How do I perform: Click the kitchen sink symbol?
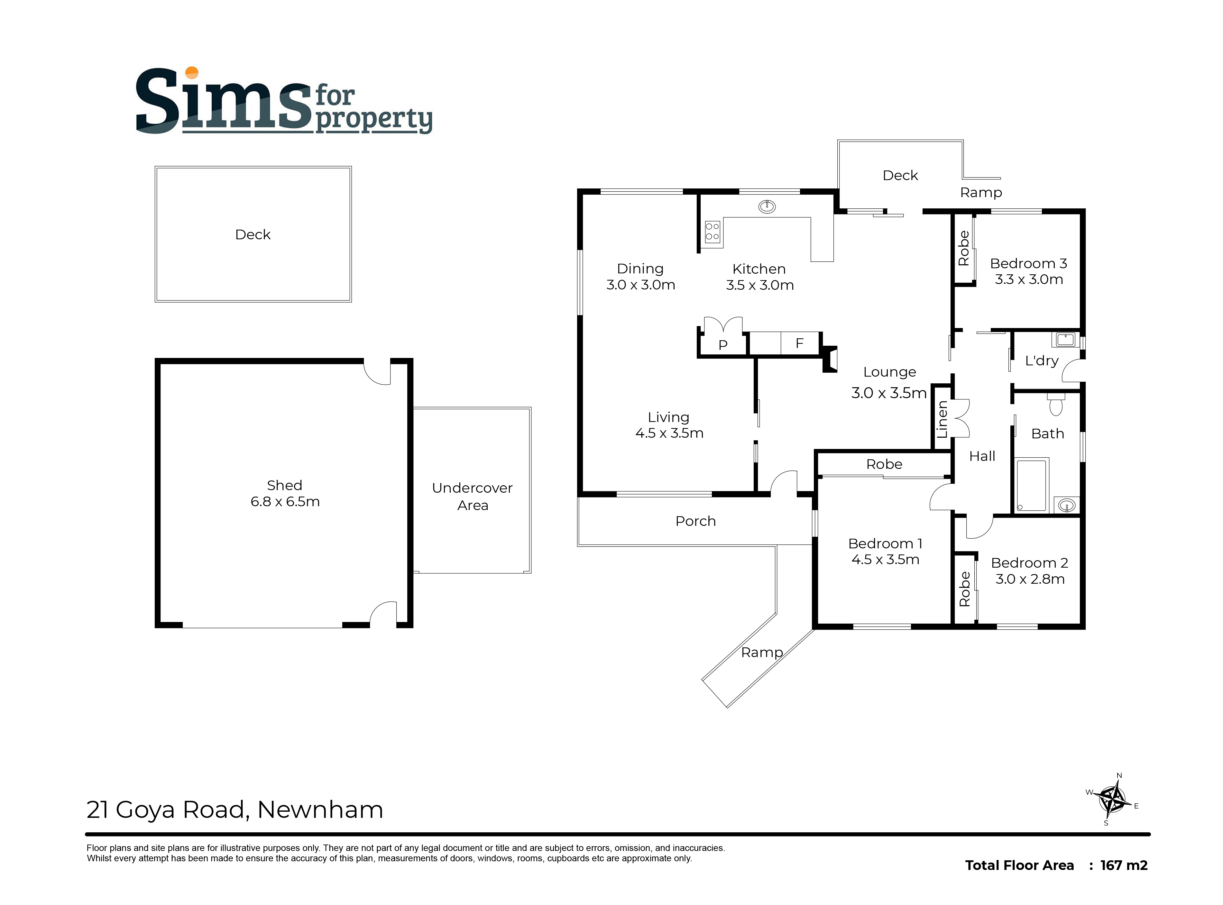coord(767,206)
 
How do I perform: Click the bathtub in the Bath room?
coord(1031,485)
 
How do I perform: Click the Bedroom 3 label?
coord(1028,263)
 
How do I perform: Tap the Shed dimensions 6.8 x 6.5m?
coord(285,501)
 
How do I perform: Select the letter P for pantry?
coord(723,344)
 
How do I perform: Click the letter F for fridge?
coord(799,343)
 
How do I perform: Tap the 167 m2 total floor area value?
coord(1123,865)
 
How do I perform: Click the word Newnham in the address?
coord(320,810)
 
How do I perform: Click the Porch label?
coord(695,521)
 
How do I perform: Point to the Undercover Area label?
coord(472,496)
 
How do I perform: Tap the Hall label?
coord(982,456)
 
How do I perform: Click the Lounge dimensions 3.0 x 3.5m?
coord(888,393)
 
